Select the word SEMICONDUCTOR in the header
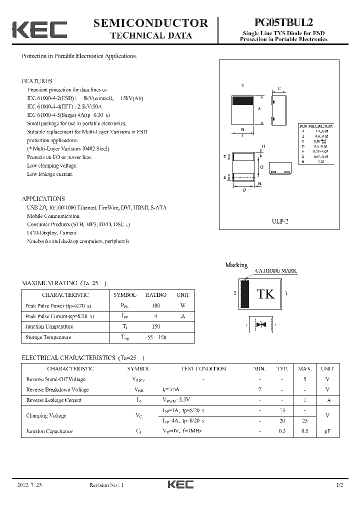pos(150,23)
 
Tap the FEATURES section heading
pos(37,81)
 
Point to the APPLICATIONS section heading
pos(43,198)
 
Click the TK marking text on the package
pos(265,294)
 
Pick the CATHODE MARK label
pos(275,271)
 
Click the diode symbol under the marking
pos(260,324)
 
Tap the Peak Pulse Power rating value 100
pos(156,305)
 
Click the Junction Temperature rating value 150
pos(156,326)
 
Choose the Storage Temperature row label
pos(48,337)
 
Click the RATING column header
pos(156,295)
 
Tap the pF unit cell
pos(327,431)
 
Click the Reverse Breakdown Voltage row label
pos(57,389)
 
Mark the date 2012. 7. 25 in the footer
pos(30,485)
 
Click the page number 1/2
pos(340,485)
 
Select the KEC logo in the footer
pos(180,485)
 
